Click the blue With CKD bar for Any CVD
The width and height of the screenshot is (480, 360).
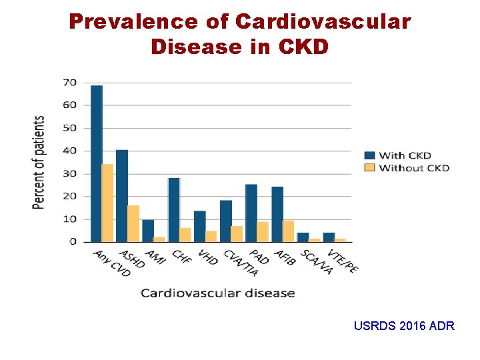tap(97, 163)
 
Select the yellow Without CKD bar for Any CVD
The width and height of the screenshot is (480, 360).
tap(107, 203)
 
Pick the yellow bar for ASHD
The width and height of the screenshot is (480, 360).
tap(133, 223)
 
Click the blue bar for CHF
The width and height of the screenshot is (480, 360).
tap(174, 209)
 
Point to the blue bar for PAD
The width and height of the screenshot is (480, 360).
tap(251, 213)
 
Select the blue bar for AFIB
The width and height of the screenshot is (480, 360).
tap(277, 214)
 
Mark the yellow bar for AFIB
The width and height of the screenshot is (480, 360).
tap(288, 231)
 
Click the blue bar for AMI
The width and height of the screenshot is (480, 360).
tap(148, 231)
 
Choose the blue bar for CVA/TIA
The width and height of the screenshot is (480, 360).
tap(226, 221)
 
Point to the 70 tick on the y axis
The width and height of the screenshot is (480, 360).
tap(70, 83)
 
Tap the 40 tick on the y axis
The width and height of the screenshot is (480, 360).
tap(70, 151)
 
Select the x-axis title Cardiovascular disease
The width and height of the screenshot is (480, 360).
tap(217, 293)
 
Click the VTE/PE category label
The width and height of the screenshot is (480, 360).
tap(343, 261)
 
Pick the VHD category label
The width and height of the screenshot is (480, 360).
tap(207, 257)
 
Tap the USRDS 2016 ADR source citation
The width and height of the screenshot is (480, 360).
tap(405, 326)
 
